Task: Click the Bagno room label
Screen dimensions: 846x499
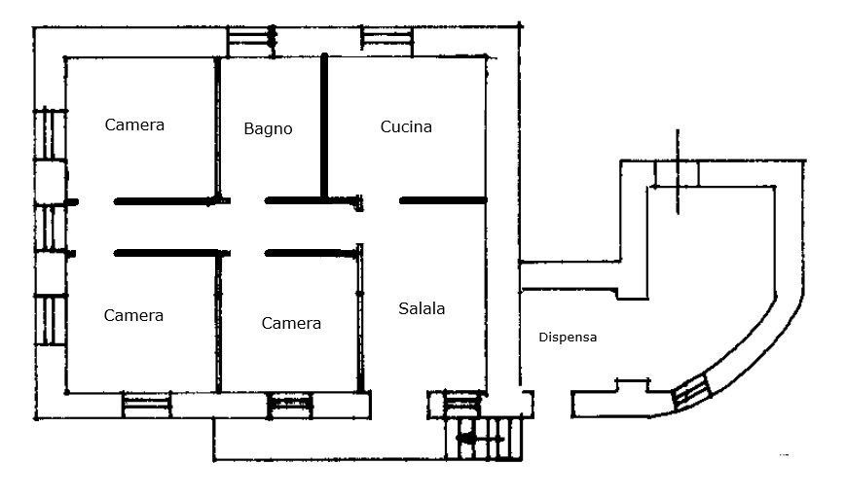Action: click(x=268, y=128)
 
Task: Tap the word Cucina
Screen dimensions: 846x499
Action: click(x=406, y=126)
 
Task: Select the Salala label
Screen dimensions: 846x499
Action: click(x=422, y=308)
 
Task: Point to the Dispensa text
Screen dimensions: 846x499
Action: click(x=568, y=338)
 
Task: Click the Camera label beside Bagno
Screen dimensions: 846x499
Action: click(x=134, y=125)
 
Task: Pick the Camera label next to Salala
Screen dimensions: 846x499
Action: click(x=291, y=323)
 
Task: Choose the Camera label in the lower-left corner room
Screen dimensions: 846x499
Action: click(x=133, y=315)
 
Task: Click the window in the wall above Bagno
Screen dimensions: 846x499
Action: click(x=251, y=42)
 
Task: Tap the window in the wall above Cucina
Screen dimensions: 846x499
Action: click(x=386, y=42)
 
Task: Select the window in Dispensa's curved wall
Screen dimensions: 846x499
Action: click(x=690, y=392)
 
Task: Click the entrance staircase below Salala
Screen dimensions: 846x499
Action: click(x=484, y=439)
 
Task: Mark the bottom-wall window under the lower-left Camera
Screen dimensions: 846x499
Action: click(x=146, y=405)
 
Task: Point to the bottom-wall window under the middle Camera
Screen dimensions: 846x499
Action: click(x=291, y=405)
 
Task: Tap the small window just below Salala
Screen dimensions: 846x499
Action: click(x=461, y=404)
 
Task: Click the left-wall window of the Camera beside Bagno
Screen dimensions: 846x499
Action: click(x=51, y=134)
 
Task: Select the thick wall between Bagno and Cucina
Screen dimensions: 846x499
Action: click(x=324, y=126)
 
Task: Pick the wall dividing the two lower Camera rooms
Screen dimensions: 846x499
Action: click(x=218, y=323)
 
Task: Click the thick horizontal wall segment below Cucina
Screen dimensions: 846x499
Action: click(x=443, y=200)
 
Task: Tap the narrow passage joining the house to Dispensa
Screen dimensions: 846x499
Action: click(x=570, y=276)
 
